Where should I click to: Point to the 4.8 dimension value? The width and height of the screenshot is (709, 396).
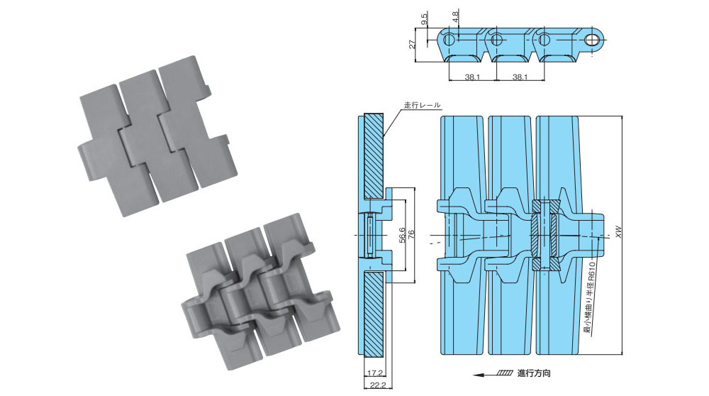tap(455, 14)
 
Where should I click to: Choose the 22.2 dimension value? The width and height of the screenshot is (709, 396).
tap(376, 385)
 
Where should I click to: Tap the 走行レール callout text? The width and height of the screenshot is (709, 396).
tap(422, 105)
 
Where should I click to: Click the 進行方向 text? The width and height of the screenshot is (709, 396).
tap(534, 373)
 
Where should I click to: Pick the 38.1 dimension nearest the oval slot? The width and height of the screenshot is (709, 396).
tap(519, 77)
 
